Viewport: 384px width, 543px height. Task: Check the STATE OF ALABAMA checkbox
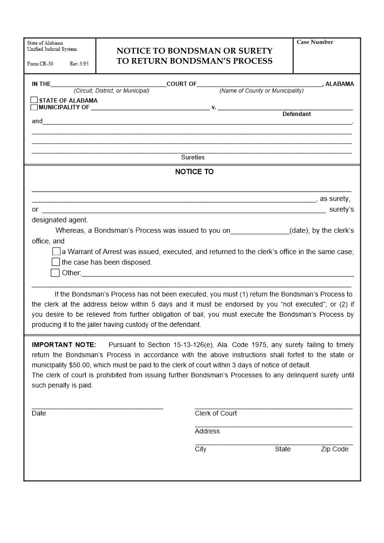coord(34,101)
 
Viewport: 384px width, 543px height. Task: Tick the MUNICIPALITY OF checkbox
coord(34,107)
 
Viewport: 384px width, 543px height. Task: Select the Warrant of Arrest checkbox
coord(57,251)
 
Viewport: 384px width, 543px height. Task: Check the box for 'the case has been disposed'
coord(56,262)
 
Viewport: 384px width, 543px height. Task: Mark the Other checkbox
coord(55,273)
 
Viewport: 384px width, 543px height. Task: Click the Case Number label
coord(315,42)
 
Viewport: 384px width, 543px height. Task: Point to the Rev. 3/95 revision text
coord(79,64)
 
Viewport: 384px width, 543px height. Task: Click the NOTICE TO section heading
coord(194,172)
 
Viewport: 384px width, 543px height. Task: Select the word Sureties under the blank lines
coord(192,157)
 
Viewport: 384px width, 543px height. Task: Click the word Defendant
coord(296,114)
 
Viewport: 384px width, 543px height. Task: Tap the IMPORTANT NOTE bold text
coord(64,345)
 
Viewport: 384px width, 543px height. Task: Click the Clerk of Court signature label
coord(216,413)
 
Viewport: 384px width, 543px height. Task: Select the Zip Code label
coord(335,449)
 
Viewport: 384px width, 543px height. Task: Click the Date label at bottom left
coord(39,413)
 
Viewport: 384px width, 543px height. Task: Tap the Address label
coord(207,431)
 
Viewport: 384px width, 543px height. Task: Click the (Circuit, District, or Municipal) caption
coord(111,91)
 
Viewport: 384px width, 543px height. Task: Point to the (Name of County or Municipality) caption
coord(261,91)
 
